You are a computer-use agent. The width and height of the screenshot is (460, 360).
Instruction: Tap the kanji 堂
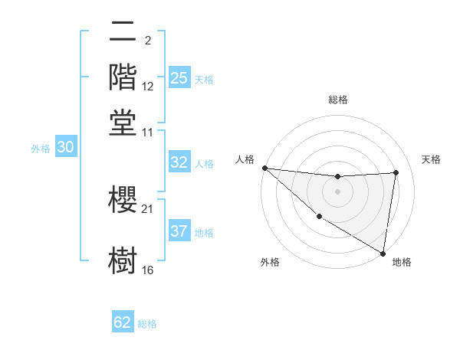(x=123, y=122)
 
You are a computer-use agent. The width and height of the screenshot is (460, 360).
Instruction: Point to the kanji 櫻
(x=123, y=200)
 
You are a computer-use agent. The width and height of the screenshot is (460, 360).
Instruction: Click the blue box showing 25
(x=179, y=77)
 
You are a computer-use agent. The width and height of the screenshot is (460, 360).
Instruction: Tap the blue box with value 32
(x=179, y=162)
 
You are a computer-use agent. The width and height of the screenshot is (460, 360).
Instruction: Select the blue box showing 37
(x=179, y=231)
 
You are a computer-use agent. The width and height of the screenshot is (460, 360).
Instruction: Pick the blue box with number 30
(x=66, y=148)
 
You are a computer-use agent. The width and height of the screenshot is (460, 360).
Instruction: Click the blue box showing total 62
(x=123, y=322)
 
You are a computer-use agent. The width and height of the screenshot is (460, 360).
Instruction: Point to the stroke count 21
(x=148, y=208)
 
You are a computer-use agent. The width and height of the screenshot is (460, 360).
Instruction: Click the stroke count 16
(x=148, y=270)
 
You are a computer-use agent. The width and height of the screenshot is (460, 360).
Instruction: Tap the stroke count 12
(x=148, y=86)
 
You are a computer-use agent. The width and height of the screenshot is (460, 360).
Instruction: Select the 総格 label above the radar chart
(x=338, y=100)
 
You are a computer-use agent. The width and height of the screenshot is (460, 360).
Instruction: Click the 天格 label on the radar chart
(x=431, y=159)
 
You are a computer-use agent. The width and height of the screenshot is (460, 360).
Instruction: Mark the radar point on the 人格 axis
(x=264, y=168)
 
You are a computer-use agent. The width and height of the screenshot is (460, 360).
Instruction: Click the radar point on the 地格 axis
(x=383, y=253)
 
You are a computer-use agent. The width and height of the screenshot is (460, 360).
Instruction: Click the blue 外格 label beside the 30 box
(x=41, y=149)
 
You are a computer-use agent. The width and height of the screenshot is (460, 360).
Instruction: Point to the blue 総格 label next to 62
(x=148, y=323)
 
